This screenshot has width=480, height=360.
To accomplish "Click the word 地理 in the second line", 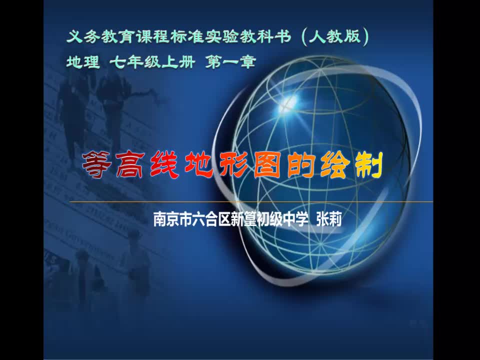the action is (83, 62).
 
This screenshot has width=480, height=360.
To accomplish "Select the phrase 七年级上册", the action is (152, 62).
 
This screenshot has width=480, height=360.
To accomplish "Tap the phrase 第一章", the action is (230, 62).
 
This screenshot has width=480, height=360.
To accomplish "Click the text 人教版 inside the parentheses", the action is (334, 36).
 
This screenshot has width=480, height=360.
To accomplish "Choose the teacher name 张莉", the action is (329, 219).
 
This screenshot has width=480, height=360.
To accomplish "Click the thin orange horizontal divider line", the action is (251, 202).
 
